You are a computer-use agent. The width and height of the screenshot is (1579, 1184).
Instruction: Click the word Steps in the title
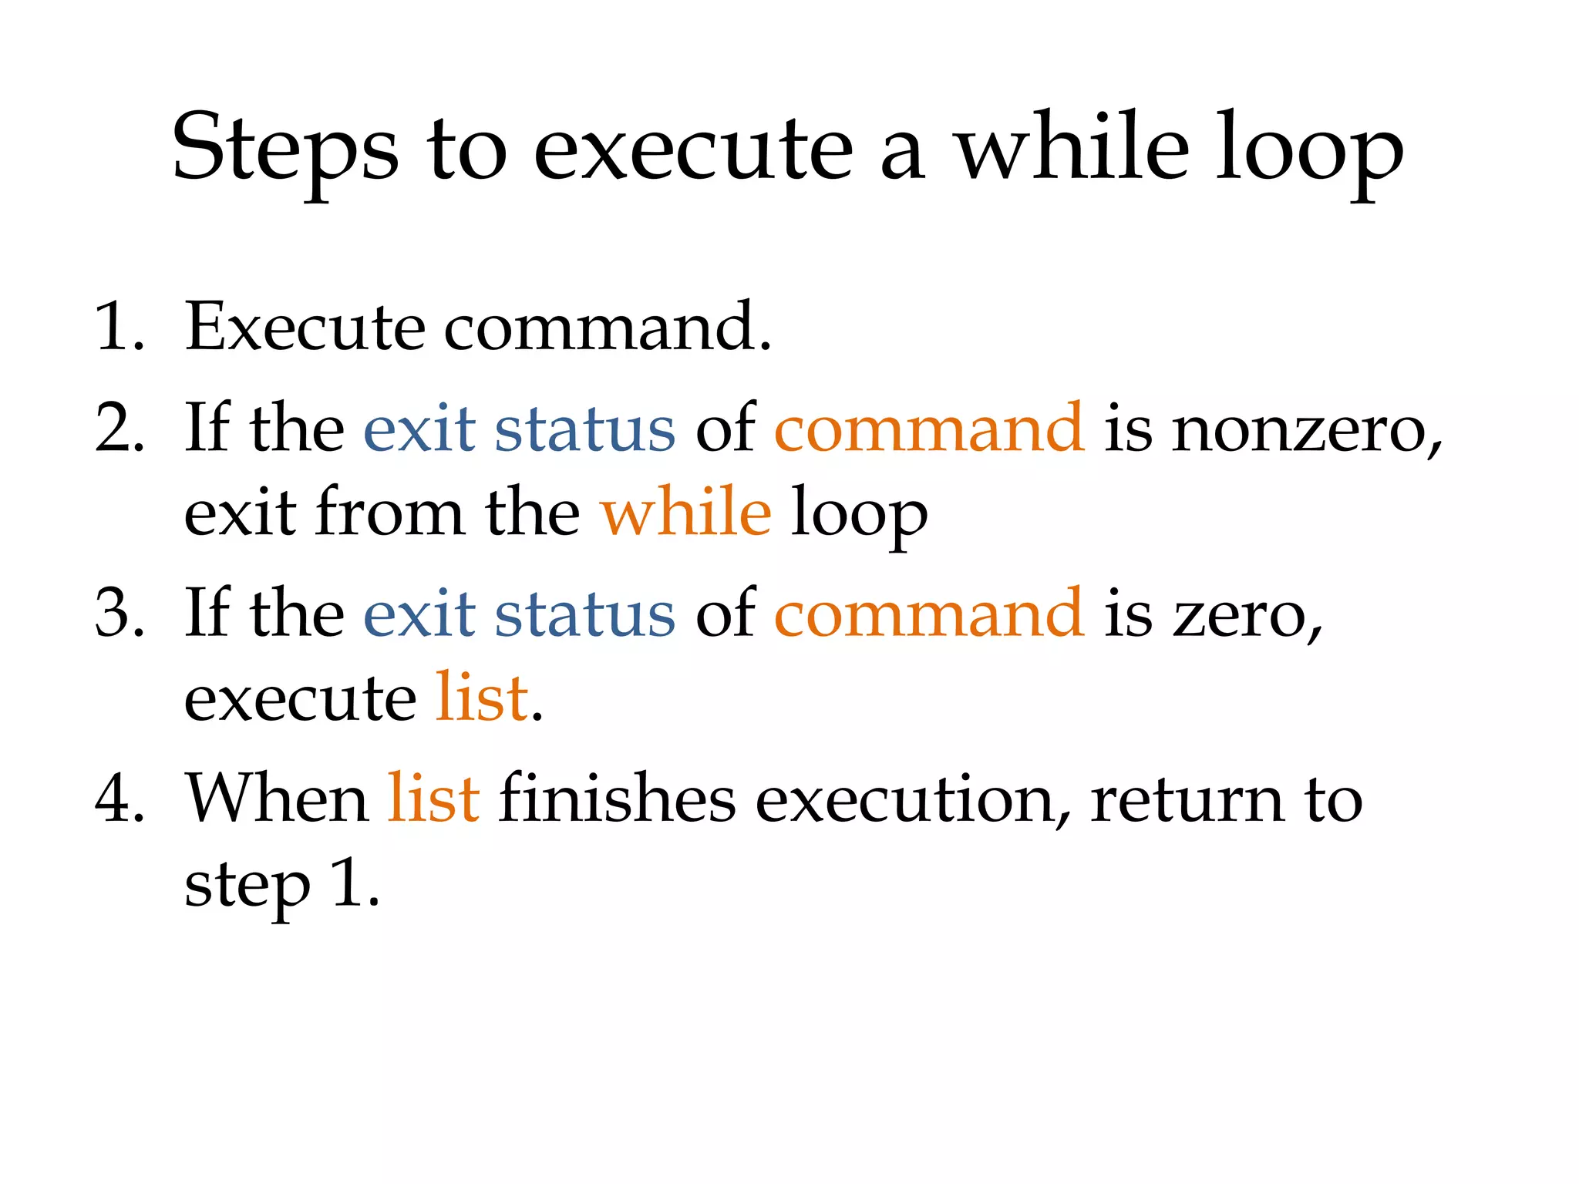(285, 148)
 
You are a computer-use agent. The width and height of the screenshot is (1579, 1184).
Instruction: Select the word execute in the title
(693, 148)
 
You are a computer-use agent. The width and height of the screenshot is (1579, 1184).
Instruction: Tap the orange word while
(685, 512)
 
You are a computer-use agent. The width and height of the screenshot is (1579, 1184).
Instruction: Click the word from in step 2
(390, 512)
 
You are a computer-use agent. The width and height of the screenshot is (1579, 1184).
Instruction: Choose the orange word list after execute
(482, 698)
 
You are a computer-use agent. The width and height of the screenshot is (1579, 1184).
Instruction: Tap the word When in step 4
(278, 799)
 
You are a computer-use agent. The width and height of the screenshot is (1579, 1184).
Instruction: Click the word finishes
(617, 799)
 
